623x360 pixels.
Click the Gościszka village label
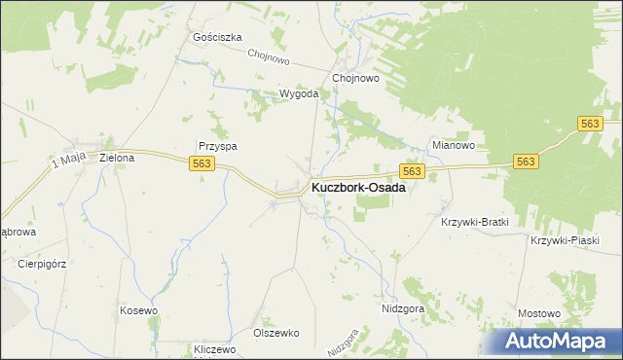coord(217,37)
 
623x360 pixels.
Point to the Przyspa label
coord(218,146)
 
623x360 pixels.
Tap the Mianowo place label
coord(453,146)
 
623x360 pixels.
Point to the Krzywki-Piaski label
coord(565,240)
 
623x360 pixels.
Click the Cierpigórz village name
coord(41,263)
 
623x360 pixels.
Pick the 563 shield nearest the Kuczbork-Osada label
coord(412,171)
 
